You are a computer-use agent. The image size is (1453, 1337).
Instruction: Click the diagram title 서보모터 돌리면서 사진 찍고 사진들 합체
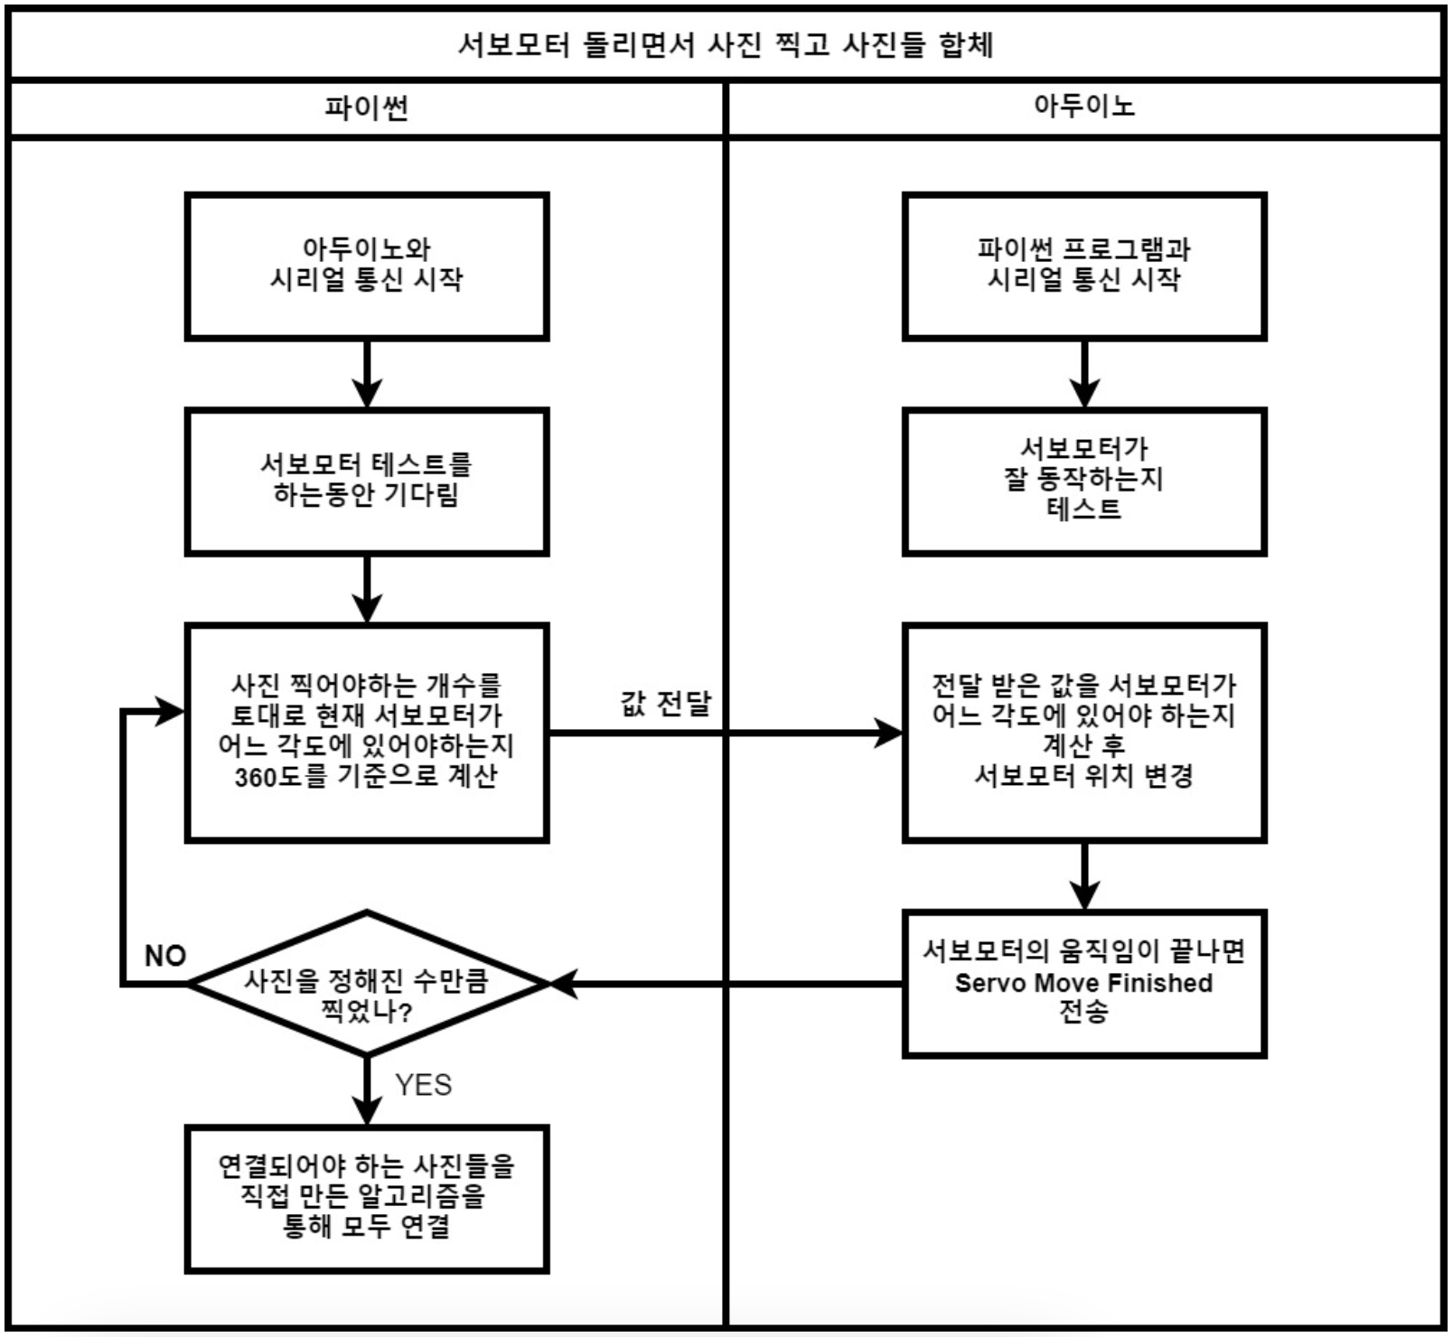point(726,44)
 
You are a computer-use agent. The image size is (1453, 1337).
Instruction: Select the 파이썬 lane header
point(366,108)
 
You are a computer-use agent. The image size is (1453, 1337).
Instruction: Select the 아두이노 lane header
point(1083,107)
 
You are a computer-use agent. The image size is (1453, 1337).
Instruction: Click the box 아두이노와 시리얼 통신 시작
point(366,266)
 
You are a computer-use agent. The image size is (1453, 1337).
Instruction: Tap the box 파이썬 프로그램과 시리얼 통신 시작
point(1083,266)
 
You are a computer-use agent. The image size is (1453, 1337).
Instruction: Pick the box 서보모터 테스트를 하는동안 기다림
point(366,481)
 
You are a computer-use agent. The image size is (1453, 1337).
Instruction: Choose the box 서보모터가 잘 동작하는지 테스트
point(1083,481)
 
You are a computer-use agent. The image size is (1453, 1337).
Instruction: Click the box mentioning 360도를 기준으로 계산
point(366,732)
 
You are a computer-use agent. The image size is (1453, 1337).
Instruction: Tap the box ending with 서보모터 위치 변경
point(1083,732)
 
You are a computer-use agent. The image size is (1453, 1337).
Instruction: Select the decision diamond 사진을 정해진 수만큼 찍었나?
point(366,983)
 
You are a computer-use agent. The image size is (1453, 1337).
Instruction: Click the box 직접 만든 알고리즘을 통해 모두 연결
point(366,1198)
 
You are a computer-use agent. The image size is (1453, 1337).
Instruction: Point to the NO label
point(165,956)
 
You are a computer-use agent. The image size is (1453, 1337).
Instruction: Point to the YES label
point(423,1084)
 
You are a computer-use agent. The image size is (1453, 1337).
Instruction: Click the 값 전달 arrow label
point(665,704)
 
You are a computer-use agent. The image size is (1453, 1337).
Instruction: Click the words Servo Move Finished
point(1083,983)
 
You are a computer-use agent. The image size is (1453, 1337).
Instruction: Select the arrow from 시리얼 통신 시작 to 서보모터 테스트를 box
point(366,372)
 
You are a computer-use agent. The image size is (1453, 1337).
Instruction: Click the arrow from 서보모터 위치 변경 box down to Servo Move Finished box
point(1083,874)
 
